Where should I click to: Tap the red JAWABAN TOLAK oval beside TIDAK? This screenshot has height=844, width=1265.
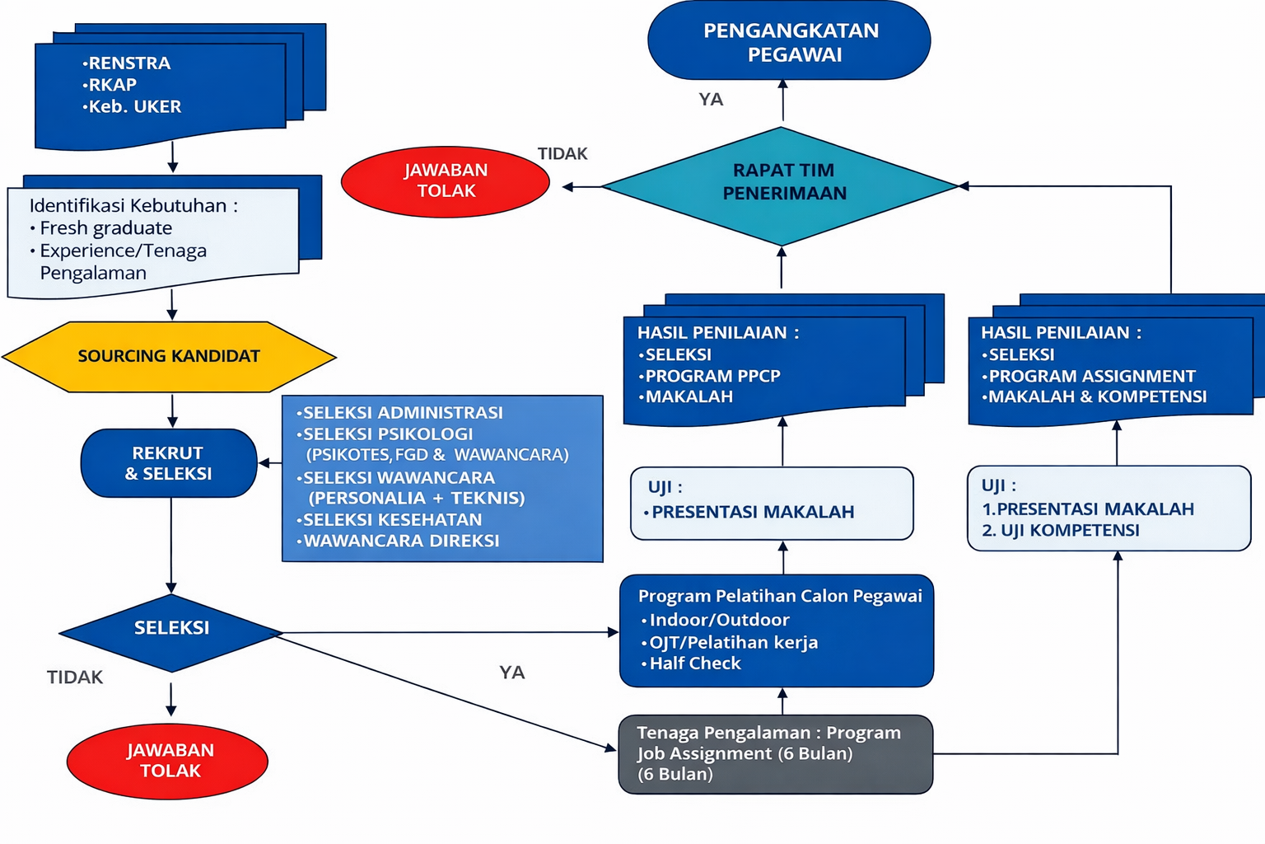(x=446, y=181)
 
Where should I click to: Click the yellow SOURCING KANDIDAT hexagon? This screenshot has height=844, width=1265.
(x=169, y=356)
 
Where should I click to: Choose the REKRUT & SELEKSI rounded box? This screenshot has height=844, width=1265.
(x=169, y=463)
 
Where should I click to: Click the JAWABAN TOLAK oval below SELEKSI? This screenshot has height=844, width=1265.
(x=168, y=761)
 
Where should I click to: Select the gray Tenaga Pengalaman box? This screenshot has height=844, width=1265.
(x=775, y=753)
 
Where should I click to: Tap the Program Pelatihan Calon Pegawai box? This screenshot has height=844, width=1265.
(x=777, y=631)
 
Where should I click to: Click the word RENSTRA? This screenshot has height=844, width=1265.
(x=129, y=63)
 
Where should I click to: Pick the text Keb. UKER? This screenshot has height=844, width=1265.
(x=134, y=107)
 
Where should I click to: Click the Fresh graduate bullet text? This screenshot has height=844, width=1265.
(x=105, y=228)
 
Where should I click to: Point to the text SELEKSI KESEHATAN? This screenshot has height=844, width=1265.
(x=392, y=520)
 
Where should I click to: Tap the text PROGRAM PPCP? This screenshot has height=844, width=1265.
(x=712, y=376)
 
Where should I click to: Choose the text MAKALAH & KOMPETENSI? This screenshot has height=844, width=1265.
(x=1097, y=396)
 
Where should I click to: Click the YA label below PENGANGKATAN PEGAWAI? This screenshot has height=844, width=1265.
(x=711, y=100)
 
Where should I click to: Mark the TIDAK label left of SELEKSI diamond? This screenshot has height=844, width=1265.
(x=75, y=678)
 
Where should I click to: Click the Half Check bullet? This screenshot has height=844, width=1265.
(x=695, y=663)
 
